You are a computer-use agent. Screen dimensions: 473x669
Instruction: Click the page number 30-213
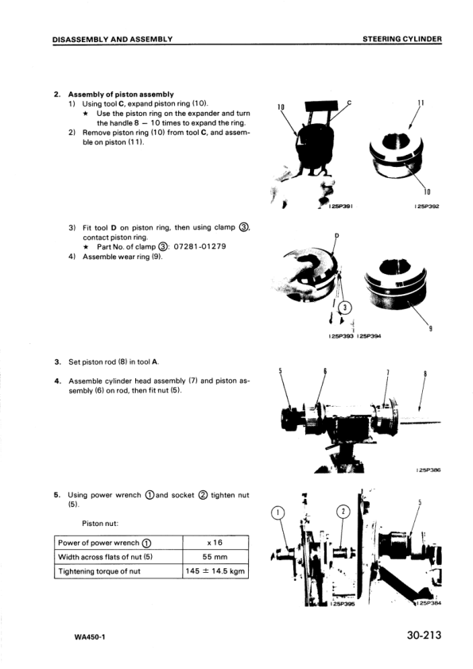424,635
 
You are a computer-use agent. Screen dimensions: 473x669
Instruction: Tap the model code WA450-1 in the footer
90,637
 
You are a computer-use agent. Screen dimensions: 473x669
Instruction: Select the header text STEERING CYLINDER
402,39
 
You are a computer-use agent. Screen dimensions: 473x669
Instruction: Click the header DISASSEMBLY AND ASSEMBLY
112,39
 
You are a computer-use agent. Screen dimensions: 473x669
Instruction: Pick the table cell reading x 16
215,543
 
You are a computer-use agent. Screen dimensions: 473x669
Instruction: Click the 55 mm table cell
215,557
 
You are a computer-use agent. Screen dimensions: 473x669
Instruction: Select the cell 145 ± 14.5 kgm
215,570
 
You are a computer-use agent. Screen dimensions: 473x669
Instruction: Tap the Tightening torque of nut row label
99,570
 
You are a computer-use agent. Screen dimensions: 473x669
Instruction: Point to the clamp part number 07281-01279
200,246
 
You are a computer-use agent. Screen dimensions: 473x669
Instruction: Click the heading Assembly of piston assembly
121,94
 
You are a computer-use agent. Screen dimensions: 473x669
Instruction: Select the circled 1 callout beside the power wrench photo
278,512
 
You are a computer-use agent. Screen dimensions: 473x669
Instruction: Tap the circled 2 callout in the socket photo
344,512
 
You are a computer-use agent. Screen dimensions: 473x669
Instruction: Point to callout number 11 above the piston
421,102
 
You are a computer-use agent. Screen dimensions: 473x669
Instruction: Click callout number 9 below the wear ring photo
431,328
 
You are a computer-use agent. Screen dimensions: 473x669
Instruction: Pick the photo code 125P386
428,470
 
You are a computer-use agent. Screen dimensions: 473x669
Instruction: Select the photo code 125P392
428,207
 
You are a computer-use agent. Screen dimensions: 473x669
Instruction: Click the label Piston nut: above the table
100,524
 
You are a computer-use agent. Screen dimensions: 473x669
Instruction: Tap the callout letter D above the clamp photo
336,235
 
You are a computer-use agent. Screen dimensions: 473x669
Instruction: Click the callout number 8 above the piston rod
425,374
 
